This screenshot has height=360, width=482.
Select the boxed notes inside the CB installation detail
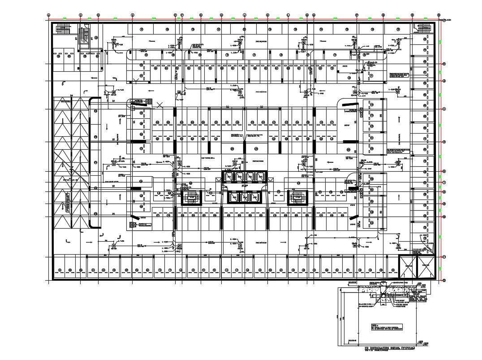[x=387, y=327]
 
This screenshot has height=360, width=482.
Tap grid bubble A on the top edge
[x=48, y=15]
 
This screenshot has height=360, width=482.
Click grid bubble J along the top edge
[x=245, y=15]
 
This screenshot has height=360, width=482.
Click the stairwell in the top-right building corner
[x=424, y=28]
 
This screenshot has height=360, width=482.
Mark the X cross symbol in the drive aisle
[x=160, y=106]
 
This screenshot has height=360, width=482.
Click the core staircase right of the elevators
[x=297, y=197]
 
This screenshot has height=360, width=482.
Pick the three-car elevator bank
[x=245, y=196]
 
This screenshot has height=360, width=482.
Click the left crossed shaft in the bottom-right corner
[x=408, y=267]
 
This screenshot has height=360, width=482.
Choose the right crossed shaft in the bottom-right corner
[x=426, y=267]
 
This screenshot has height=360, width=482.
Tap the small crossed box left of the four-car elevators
[x=210, y=192]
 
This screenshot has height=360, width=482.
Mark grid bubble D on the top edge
[x=133, y=15]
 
